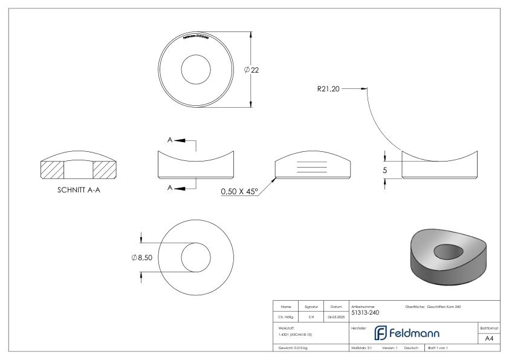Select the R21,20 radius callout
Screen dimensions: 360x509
coord(329,89)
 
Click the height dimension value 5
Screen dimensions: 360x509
coord(384,171)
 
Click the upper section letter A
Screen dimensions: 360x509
coord(170,140)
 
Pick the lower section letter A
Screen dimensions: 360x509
coord(170,188)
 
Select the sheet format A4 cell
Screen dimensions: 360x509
coord(490,339)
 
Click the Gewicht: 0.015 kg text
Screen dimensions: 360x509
coord(293,349)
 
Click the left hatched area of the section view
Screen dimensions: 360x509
coord(51,170)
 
